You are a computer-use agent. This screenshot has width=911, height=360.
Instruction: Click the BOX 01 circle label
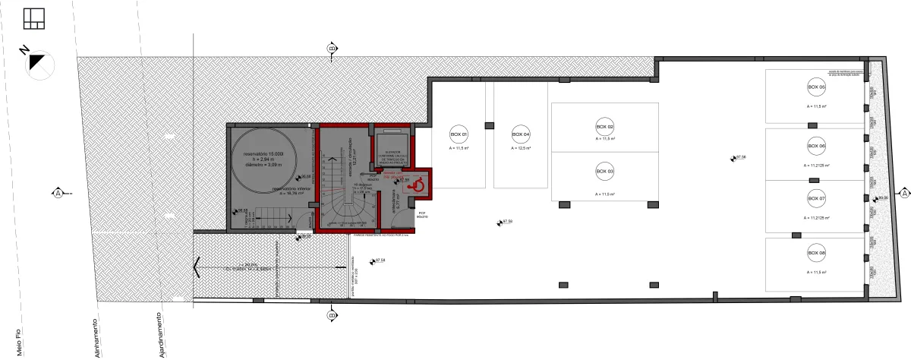pyautogui.click(x=459, y=134)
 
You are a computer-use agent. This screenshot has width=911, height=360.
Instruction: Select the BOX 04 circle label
pyautogui.click(x=520, y=134)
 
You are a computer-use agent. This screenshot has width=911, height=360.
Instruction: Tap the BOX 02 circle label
pyautogui.click(x=604, y=127)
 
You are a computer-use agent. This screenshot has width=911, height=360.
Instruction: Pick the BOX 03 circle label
pyautogui.click(x=604, y=172)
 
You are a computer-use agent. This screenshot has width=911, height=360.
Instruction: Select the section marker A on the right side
pyautogui.click(x=904, y=194)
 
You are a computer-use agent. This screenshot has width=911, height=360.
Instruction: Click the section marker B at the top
pyautogui.click(x=331, y=49)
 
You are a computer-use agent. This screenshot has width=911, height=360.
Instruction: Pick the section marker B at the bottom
pyautogui.click(x=331, y=314)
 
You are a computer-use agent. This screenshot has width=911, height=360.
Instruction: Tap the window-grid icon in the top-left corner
pyautogui.click(x=35, y=17)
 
